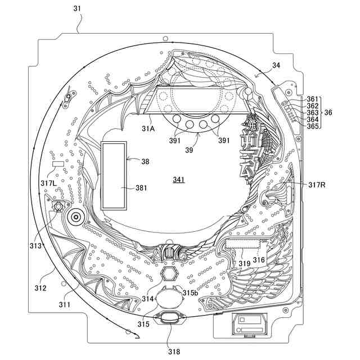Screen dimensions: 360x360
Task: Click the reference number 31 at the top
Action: (76, 8)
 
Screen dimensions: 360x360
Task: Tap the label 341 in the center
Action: (178, 179)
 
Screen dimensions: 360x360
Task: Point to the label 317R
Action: (317, 184)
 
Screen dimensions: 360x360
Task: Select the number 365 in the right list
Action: (313, 127)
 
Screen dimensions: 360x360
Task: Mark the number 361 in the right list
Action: (313, 100)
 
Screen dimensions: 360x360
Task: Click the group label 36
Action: (328, 112)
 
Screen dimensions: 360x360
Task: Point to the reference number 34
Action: (276, 65)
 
